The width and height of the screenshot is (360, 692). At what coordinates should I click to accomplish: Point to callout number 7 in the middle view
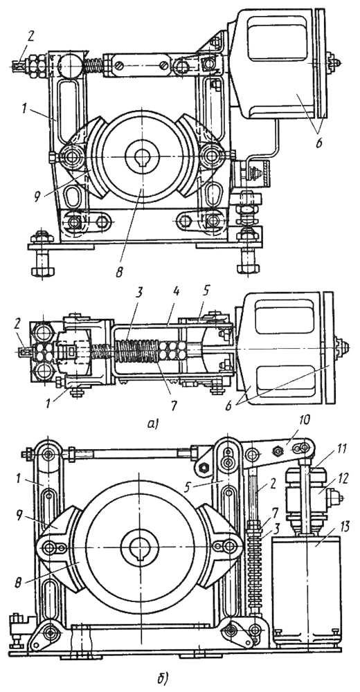(173, 405)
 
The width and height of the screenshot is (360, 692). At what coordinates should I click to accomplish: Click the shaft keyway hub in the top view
(142, 156)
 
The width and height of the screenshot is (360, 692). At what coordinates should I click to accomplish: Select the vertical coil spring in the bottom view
(254, 560)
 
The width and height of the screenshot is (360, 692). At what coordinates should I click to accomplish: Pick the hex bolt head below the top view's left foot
(42, 268)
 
